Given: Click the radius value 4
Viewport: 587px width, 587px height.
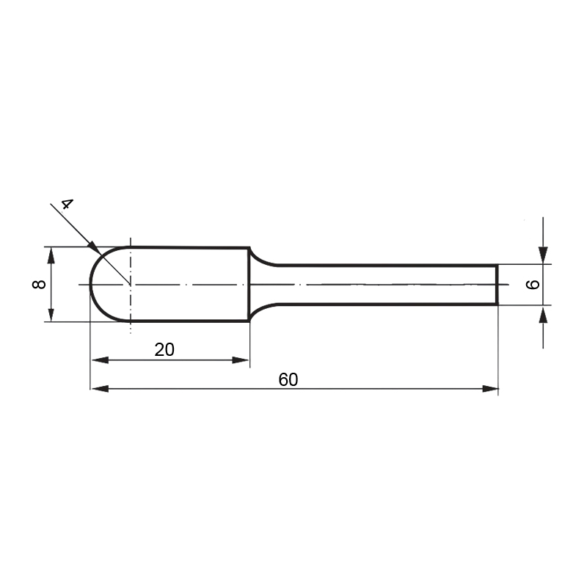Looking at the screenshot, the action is pyautogui.click(x=67, y=204).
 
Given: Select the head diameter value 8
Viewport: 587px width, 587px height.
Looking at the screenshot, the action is pyautogui.click(x=40, y=284).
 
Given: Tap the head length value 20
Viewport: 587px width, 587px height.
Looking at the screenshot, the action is pyautogui.click(x=164, y=350).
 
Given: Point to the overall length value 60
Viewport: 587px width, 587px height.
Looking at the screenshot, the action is pyautogui.click(x=288, y=379).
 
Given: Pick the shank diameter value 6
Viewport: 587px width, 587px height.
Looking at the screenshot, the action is pyautogui.click(x=533, y=285).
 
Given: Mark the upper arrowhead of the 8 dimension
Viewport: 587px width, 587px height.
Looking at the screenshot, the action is pyautogui.click(x=51, y=255).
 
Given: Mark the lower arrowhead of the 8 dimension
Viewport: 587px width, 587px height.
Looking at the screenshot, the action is pyautogui.click(x=51, y=313).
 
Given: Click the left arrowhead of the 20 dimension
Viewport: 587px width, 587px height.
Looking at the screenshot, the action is pyautogui.click(x=100, y=360).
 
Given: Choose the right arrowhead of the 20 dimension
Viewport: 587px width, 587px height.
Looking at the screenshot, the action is pyautogui.click(x=241, y=360).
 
